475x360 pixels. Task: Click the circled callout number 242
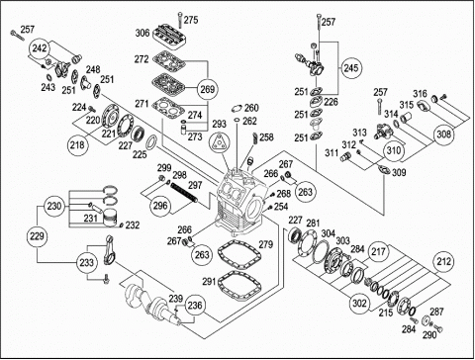40,48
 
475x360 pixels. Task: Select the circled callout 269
208,89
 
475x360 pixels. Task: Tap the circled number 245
350,68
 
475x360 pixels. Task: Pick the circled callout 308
444,135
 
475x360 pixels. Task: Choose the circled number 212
443,261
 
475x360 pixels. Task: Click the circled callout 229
37,236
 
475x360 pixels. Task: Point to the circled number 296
160,206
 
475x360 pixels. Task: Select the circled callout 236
195,305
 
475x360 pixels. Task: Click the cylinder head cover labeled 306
170,37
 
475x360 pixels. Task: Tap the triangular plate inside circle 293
220,143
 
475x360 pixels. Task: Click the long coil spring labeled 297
184,193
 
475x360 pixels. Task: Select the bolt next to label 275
179,20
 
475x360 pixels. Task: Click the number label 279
266,244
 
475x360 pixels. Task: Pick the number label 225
140,154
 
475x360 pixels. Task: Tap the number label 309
399,172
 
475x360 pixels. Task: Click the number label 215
386,313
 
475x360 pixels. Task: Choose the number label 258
266,136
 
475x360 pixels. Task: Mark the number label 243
47,87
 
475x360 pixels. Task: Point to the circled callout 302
359,303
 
